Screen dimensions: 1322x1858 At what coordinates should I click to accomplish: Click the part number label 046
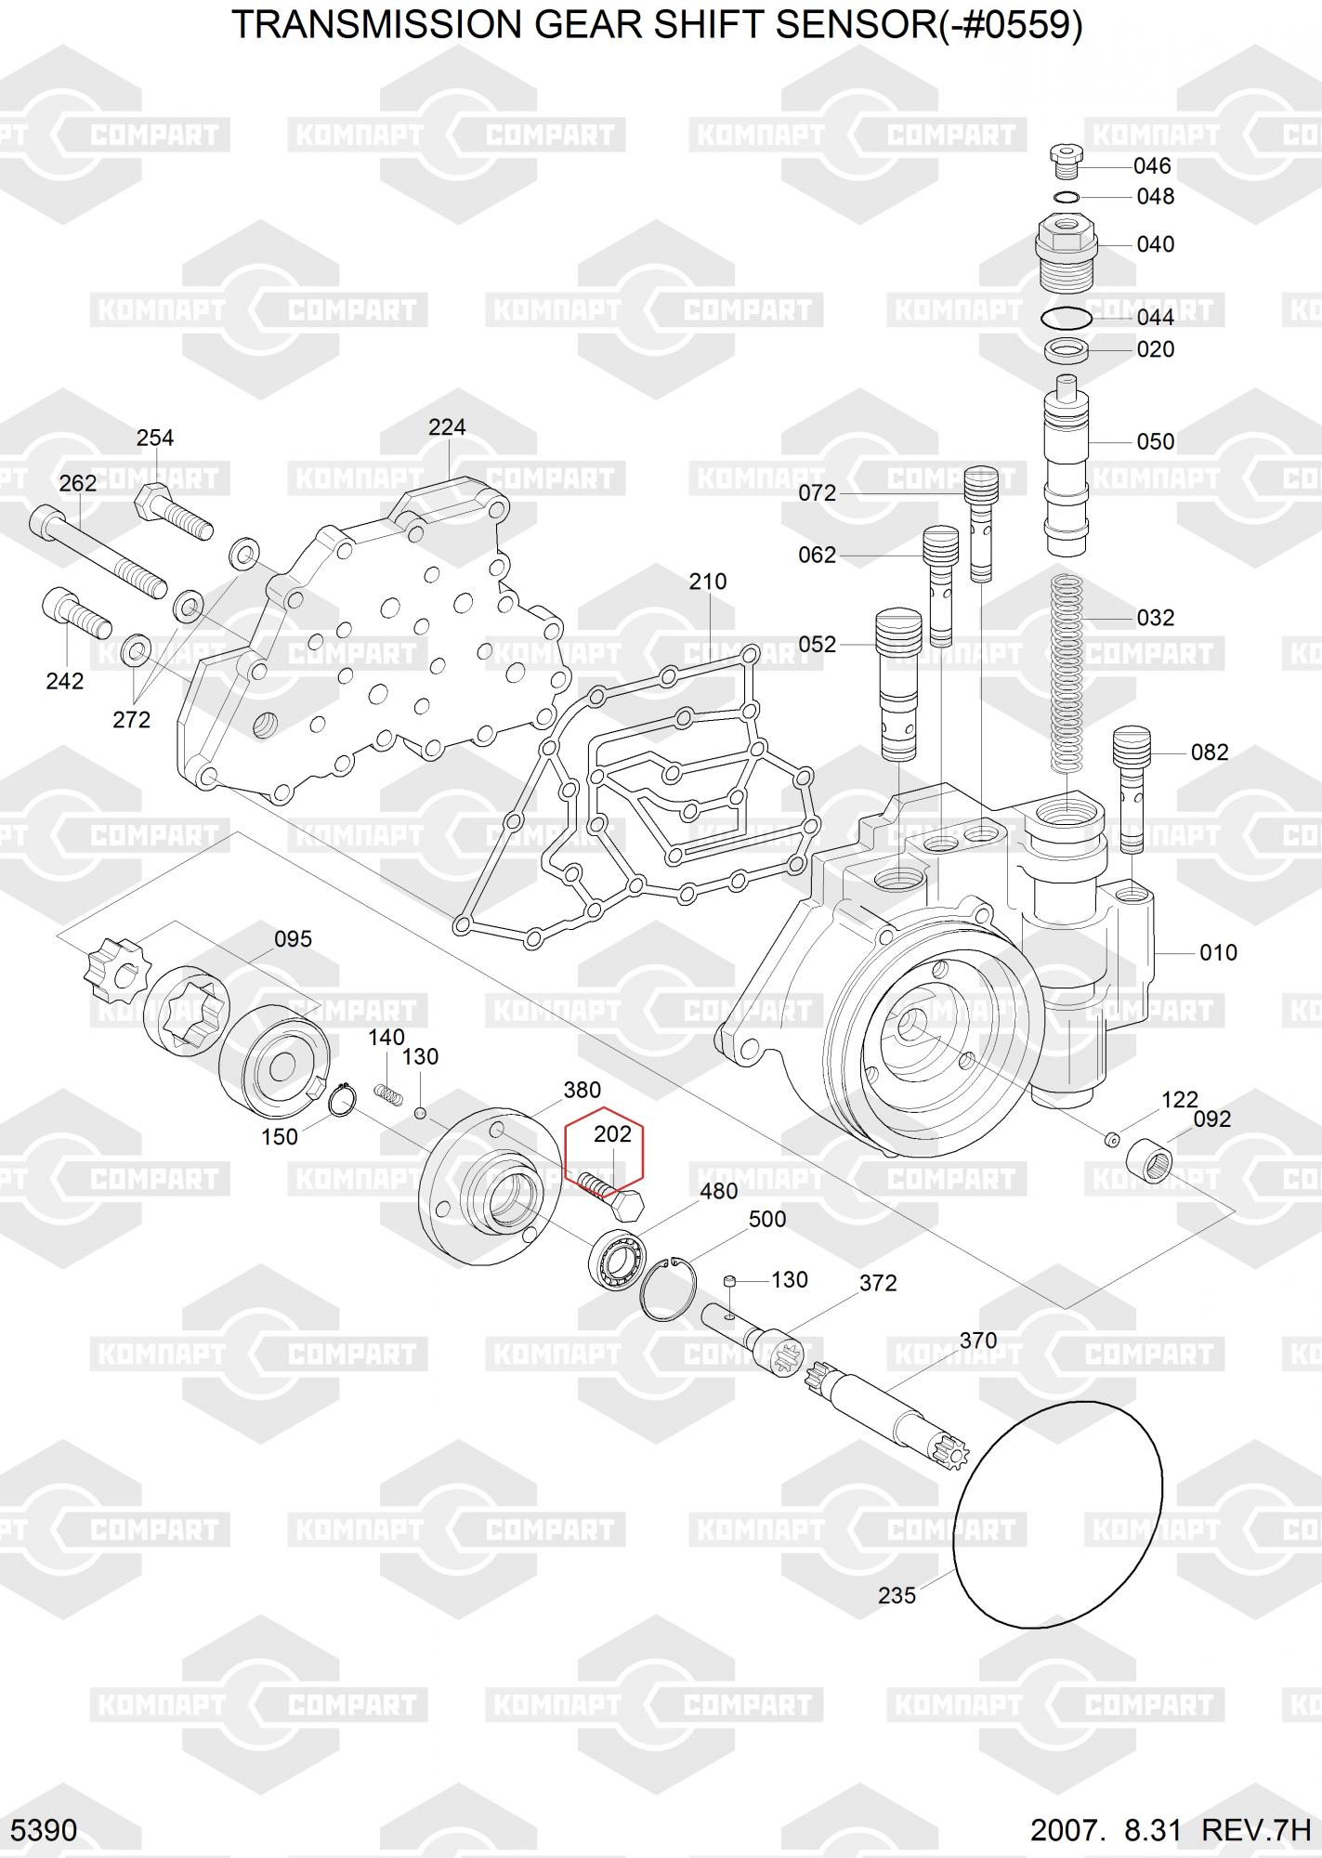pos(1152,166)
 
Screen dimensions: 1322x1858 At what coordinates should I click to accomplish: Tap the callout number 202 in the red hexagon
pos(612,1134)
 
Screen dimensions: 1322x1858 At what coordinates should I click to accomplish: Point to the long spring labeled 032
pos(1070,674)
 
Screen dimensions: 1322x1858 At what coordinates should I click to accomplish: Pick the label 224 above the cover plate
pos(447,427)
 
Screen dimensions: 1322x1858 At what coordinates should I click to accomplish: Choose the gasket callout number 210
pos(708,582)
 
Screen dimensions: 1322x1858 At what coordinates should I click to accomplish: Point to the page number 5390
pos(45,1829)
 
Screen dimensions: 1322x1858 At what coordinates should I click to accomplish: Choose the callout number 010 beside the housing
pos(1218,953)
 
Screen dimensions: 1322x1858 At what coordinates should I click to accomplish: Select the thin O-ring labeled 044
pos(1066,317)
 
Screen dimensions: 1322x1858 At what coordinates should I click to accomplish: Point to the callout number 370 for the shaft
pos(977,1341)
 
